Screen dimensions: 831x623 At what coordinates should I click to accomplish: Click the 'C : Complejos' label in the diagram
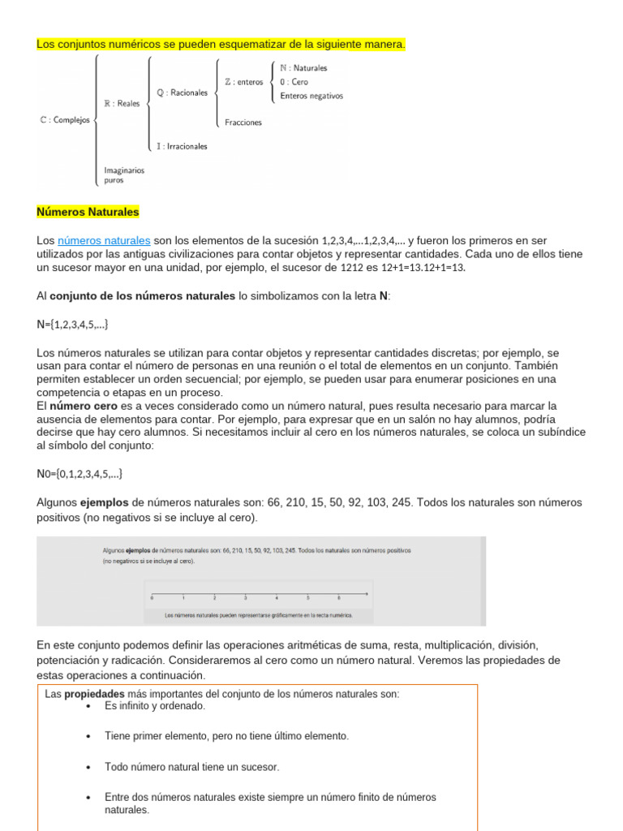[65, 119]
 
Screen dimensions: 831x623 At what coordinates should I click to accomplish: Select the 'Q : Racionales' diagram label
[182, 93]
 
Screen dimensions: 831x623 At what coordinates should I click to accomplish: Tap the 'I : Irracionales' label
[182, 147]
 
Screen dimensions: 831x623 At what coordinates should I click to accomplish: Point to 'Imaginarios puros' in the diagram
[124, 175]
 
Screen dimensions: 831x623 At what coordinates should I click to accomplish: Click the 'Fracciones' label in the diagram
[243, 123]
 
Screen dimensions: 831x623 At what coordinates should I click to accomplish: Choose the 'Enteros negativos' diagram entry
[311, 96]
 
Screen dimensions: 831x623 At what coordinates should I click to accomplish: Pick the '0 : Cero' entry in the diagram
[294, 82]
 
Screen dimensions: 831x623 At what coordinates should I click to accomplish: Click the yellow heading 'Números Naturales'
[88, 212]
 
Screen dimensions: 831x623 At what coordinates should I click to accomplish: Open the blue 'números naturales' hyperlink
[104, 241]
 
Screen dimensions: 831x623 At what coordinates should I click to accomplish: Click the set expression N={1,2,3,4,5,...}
[72, 325]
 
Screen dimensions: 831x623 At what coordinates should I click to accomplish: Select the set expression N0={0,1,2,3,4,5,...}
[79, 474]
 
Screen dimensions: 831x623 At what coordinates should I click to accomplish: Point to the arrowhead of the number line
[367, 594]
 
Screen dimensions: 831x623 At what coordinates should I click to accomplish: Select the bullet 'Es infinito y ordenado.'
[155, 706]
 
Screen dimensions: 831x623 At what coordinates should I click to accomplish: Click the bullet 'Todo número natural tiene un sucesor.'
[191, 766]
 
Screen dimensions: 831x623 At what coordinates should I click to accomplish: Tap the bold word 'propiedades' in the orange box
[94, 695]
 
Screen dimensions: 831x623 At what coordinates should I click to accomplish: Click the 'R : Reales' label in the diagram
[123, 104]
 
